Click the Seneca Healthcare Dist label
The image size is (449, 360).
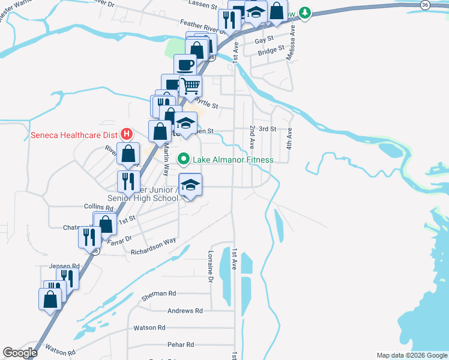click(74, 134)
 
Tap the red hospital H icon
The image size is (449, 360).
click(126, 134)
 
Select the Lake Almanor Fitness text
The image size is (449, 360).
click(232, 160)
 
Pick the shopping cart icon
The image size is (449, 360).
click(191, 86)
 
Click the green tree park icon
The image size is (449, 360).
click(306, 12)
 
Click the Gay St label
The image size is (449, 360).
click(264, 40)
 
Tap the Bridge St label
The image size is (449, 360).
click(271, 52)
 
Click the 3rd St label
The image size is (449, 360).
click(267, 128)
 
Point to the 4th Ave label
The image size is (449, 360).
click(289, 137)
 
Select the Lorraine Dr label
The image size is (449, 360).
click(211, 266)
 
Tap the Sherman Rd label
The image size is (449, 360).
click(158, 293)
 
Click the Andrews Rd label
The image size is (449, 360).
click(185, 311)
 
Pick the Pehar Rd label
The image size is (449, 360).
click(181, 344)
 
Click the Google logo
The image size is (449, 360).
click(20, 353)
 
